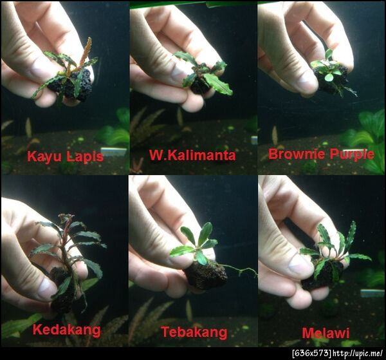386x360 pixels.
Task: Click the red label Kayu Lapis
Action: (65, 156)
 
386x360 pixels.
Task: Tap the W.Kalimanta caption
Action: (192, 155)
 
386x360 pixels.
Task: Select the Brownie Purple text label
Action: (321, 155)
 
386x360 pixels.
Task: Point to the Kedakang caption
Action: (67, 330)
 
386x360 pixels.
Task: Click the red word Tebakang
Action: (194, 332)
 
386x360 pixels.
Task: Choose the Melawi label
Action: (326, 334)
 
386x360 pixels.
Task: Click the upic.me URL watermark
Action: (358, 354)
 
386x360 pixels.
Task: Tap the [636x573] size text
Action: (312, 354)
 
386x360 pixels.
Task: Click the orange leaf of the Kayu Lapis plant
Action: (86, 52)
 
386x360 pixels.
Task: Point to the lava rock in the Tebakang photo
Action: (206, 275)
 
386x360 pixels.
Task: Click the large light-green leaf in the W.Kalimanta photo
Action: (218, 84)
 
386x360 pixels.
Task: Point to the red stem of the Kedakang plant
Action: (64, 247)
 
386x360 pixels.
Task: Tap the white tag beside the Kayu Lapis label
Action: (114, 151)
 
